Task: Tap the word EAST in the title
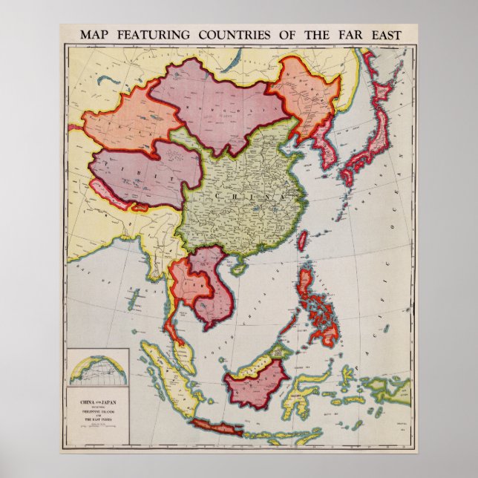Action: point(382,35)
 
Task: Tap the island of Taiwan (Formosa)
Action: point(303,240)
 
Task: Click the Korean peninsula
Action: point(324,148)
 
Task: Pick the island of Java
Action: point(223,428)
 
